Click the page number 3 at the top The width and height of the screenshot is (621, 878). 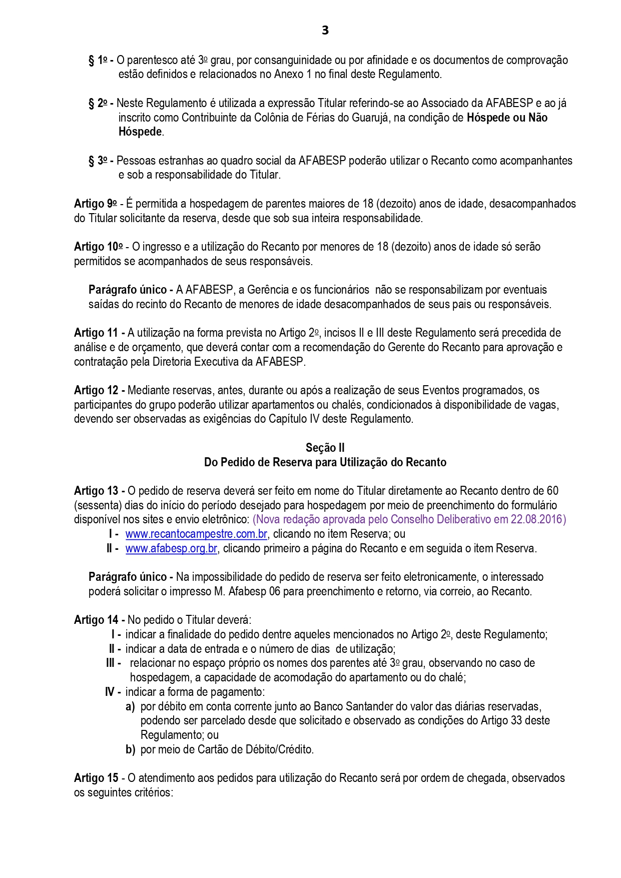pyautogui.click(x=325, y=31)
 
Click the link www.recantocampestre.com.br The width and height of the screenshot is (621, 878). pyautogui.click(x=196, y=534)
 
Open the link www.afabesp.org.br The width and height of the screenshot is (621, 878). pyautogui.click(x=171, y=548)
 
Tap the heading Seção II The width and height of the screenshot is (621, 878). pyautogui.click(x=325, y=448)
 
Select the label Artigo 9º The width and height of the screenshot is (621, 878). pyautogui.click(x=95, y=204)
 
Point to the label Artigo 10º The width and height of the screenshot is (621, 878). pyautogui.click(x=98, y=247)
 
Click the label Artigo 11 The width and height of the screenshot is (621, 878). pyautogui.click(x=97, y=333)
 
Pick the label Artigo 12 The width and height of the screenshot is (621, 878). pyautogui.click(x=97, y=390)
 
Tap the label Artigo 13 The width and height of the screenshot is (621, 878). pyautogui.click(x=97, y=491)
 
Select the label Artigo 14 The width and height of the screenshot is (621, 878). pyautogui.click(x=97, y=620)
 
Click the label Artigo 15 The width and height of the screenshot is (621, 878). pyautogui.click(x=97, y=778)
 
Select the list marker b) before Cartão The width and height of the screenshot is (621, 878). pyautogui.click(x=130, y=749)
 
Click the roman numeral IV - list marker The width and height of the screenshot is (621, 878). pyautogui.click(x=113, y=692)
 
